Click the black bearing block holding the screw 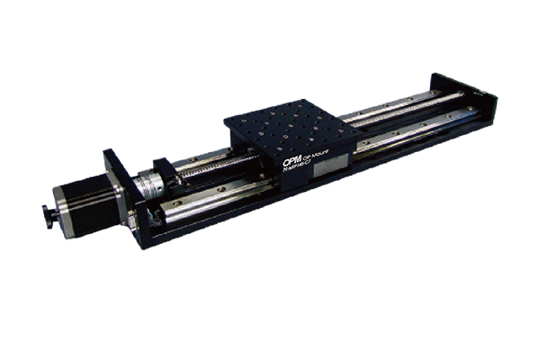point(164,171)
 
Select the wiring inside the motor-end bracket point(135,216)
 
